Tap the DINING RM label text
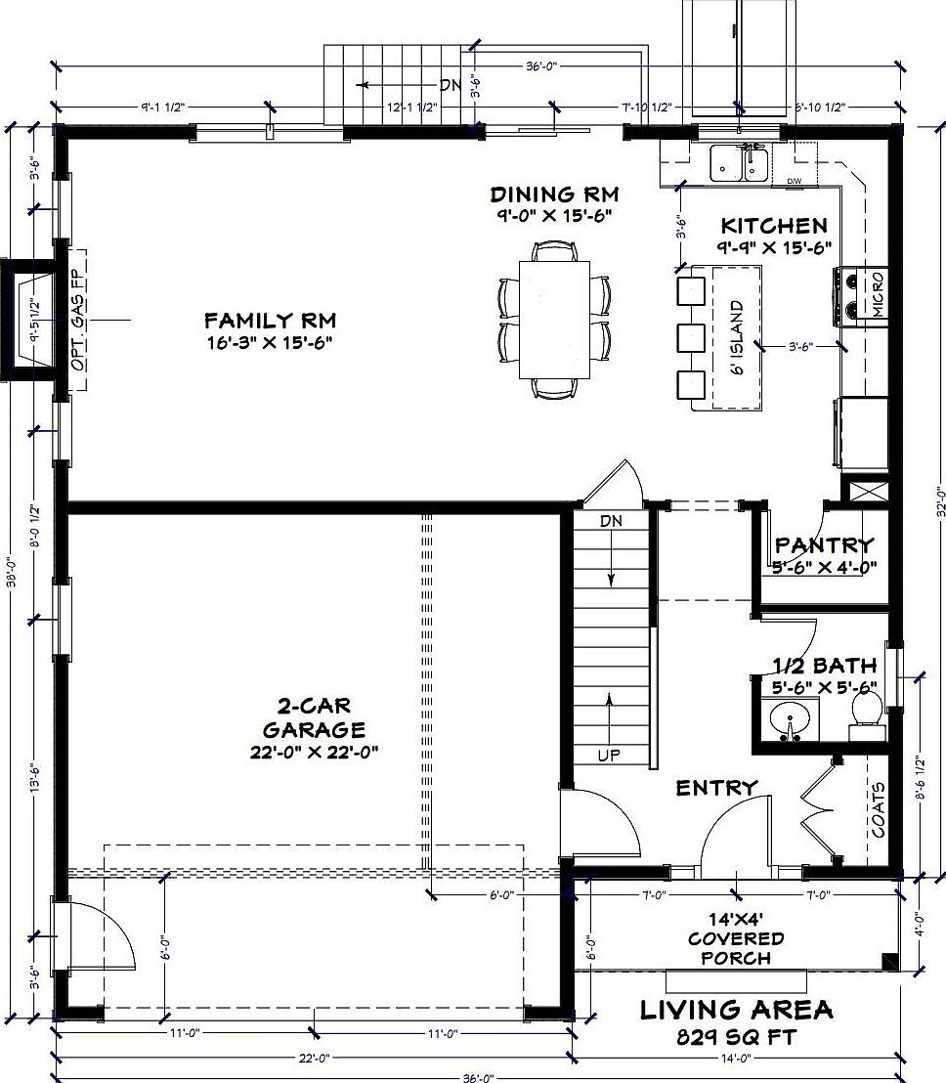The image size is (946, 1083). tap(555, 194)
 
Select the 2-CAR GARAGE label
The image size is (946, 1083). tap(313, 716)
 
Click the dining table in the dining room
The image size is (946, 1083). tap(554, 318)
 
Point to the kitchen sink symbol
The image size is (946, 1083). tap(739, 162)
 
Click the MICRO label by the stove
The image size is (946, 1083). tap(878, 294)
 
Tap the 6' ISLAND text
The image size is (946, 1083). tap(738, 338)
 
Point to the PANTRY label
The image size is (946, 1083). tap(823, 545)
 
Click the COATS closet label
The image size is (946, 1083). tap(878, 809)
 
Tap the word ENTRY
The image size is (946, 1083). tap(716, 787)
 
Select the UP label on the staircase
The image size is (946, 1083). tap(610, 755)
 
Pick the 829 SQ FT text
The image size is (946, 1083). tap(737, 1036)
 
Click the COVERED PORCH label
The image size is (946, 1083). tap(736, 938)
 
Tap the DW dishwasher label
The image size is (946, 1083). tap(793, 181)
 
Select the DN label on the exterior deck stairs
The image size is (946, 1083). tap(450, 85)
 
